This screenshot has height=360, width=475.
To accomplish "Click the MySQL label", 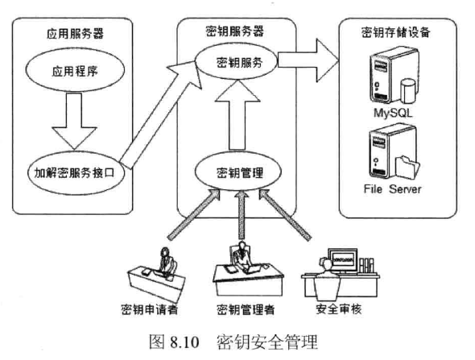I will [392, 114].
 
